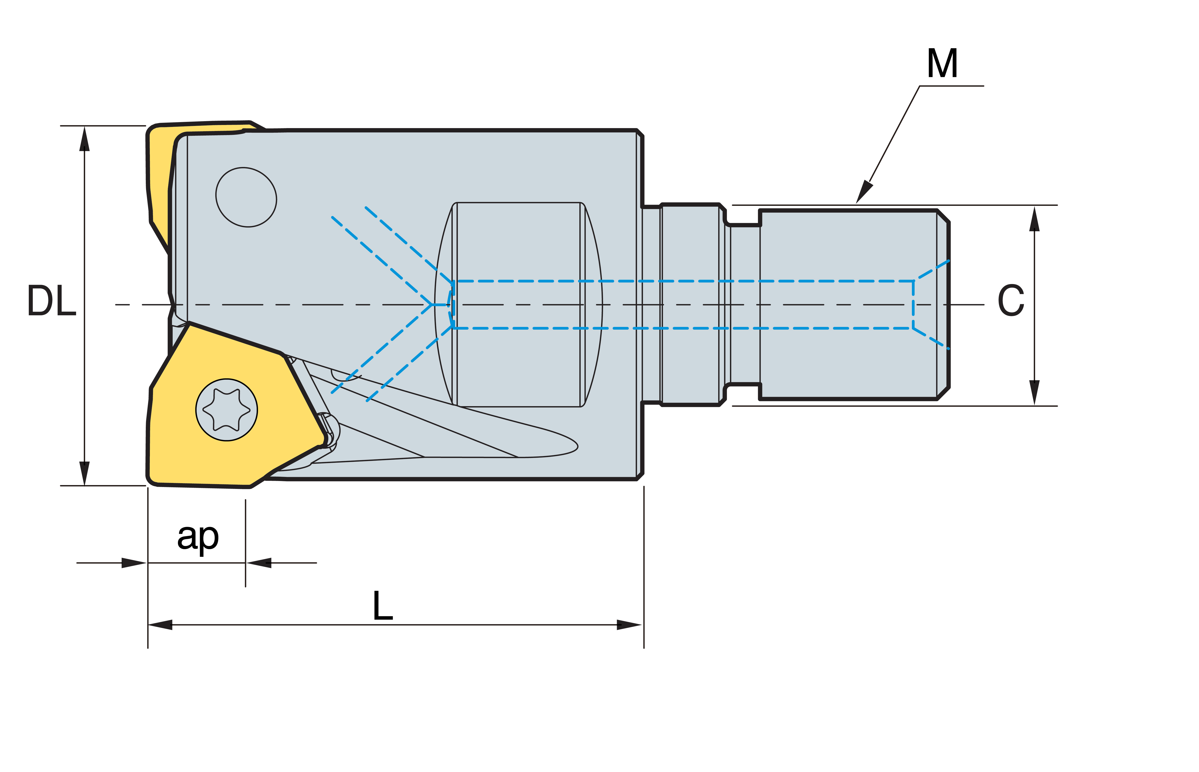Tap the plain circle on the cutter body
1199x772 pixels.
click(x=246, y=197)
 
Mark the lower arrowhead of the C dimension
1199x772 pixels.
click(x=1034, y=392)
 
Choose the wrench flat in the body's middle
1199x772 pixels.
click(x=519, y=304)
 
